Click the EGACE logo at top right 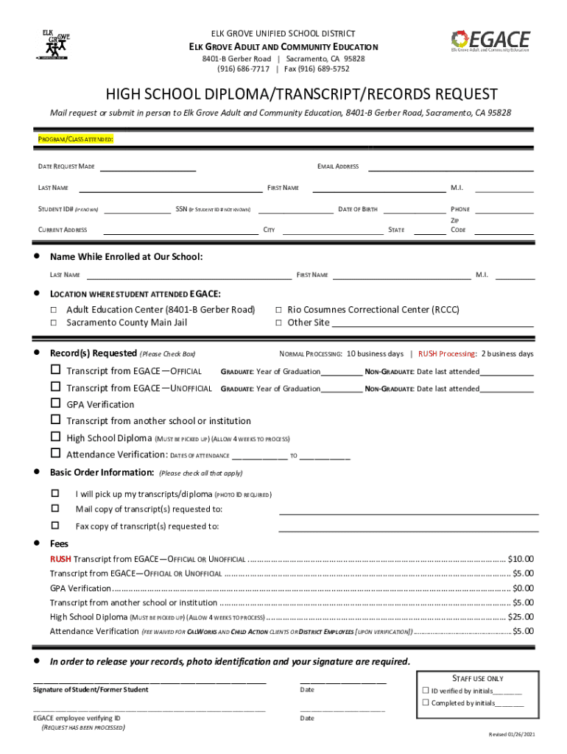[489, 41]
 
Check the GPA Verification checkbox [55, 404]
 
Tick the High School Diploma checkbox [55, 437]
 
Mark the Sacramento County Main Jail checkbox [54, 323]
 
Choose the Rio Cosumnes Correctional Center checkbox [278, 310]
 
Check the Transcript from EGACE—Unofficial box [55, 387]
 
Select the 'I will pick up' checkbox [54, 493]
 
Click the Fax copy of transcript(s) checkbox [54, 526]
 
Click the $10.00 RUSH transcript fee [521, 559]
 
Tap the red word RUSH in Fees [60, 559]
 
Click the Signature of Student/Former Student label [91, 690]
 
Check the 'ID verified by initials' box [425, 691]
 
